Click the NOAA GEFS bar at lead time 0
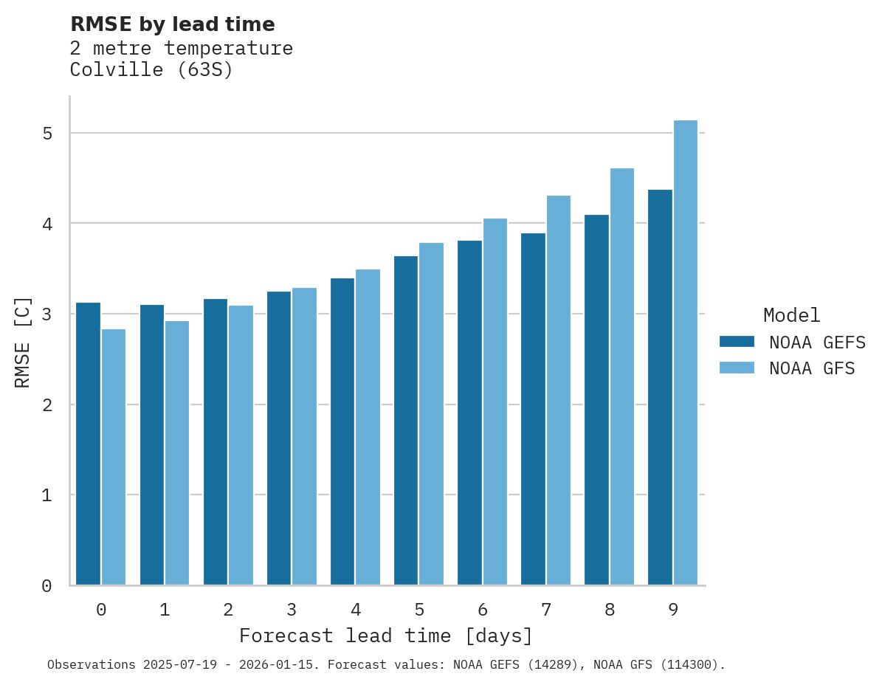[x=88, y=444]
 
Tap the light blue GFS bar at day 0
[x=114, y=457]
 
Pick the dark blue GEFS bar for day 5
[x=405, y=421]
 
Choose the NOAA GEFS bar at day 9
[x=660, y=388]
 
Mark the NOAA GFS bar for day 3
[x=304, y=436]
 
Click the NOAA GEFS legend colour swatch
[x=737, y=342]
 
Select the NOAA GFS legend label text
[x=812, y=368]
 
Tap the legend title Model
[x=791, y=316]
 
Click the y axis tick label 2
[x=46, y=405]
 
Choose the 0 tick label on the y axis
[x=46, y=586]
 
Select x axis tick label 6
[x=483, y=610]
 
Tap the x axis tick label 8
[x=610, y=610]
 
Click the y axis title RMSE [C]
[x=24, y=342]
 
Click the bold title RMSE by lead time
[x=172, y=24]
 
